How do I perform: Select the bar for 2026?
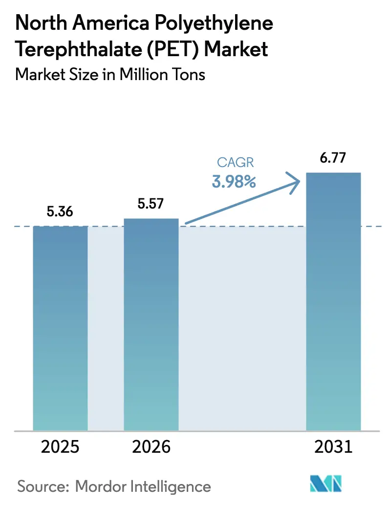(151, 324)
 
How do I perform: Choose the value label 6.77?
(333, 158)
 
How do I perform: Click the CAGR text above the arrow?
(235, 163)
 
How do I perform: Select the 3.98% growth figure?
(234, 182)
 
